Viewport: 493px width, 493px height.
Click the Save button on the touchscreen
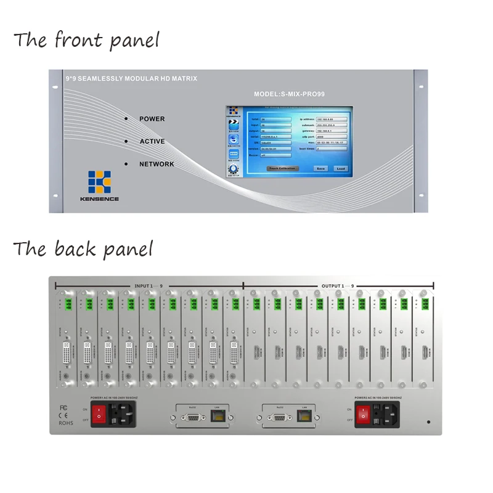[x=320, y=168]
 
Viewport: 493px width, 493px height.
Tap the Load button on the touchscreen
[x=340, y=168]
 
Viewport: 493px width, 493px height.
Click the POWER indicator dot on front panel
[x=126, y=118]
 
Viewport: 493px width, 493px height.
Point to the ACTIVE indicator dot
[x=126, y=141]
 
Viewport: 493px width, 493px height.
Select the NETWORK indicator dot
[x=126, y=164]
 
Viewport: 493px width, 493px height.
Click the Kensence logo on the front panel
[x=99, y=182]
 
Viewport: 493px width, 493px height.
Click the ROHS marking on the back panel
[x=66, y=423]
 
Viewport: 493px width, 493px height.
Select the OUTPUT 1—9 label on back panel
[x=338, y=286]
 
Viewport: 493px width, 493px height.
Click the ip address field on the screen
[x=332, y=118]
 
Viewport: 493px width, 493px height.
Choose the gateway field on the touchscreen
[x=332, y=131]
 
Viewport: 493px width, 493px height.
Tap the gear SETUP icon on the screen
[x=233, y=169]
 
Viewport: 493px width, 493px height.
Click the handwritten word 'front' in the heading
[x=76, y=41]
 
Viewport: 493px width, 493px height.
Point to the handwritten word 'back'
[x=75, y=249]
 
